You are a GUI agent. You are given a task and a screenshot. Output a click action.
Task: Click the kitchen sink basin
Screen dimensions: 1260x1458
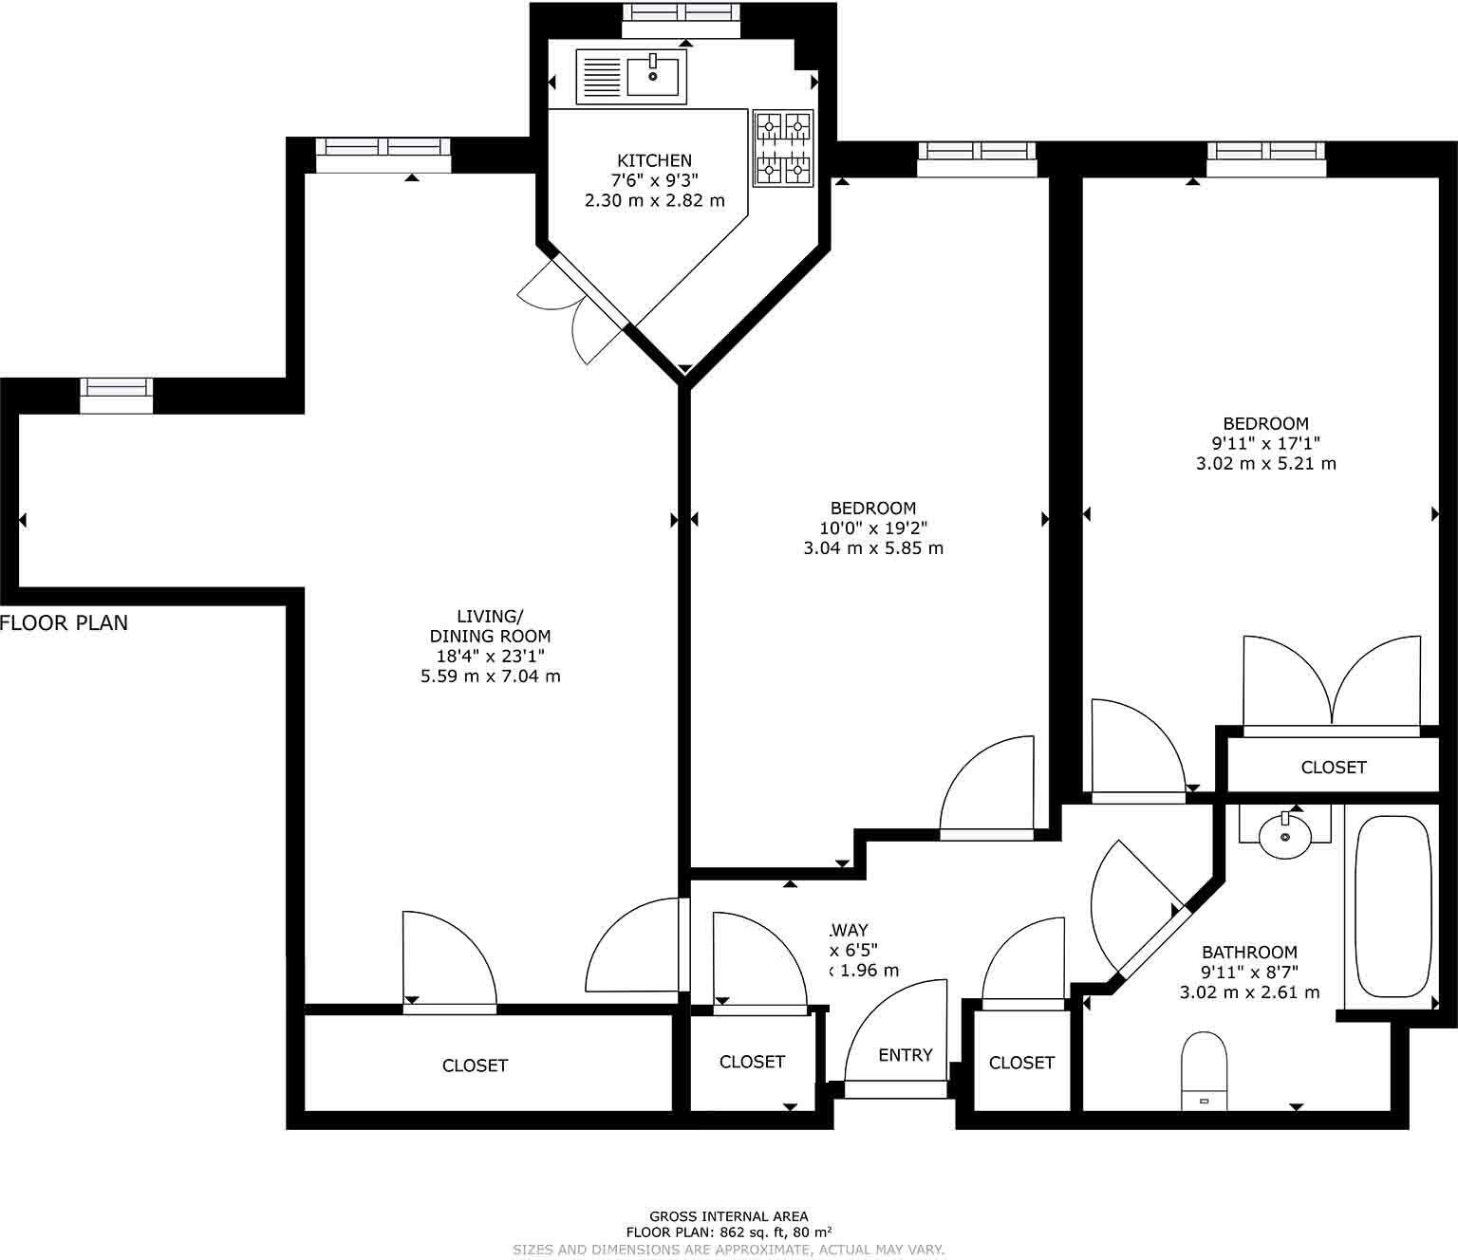pos(654,74)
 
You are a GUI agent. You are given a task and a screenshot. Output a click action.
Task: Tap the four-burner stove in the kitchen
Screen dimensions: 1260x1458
pos(783,147)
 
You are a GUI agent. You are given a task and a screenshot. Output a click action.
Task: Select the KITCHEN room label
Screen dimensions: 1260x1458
pos(654,160)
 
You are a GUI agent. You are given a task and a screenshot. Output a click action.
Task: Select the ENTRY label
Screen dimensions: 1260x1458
pos(905,1054)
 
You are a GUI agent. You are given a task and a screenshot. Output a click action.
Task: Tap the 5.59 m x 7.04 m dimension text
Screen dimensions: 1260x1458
pos(490,676)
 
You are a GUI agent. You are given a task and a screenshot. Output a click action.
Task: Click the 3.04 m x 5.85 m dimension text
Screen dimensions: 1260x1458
pos(872,547)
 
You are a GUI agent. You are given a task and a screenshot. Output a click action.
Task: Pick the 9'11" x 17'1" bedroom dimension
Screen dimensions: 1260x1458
pos(1265,443)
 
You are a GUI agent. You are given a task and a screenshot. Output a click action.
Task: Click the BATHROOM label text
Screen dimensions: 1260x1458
pos(1249,952)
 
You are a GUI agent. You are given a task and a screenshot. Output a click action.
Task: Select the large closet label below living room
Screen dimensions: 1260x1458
pos(475,1065)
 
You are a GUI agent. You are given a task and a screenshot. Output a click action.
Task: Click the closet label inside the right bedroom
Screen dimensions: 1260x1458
pos(1333,767)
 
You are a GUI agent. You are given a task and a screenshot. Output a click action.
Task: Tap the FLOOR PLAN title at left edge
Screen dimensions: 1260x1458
pos(64,623)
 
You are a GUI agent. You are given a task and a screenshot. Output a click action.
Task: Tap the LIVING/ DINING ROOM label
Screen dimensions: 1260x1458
pos(490,626)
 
